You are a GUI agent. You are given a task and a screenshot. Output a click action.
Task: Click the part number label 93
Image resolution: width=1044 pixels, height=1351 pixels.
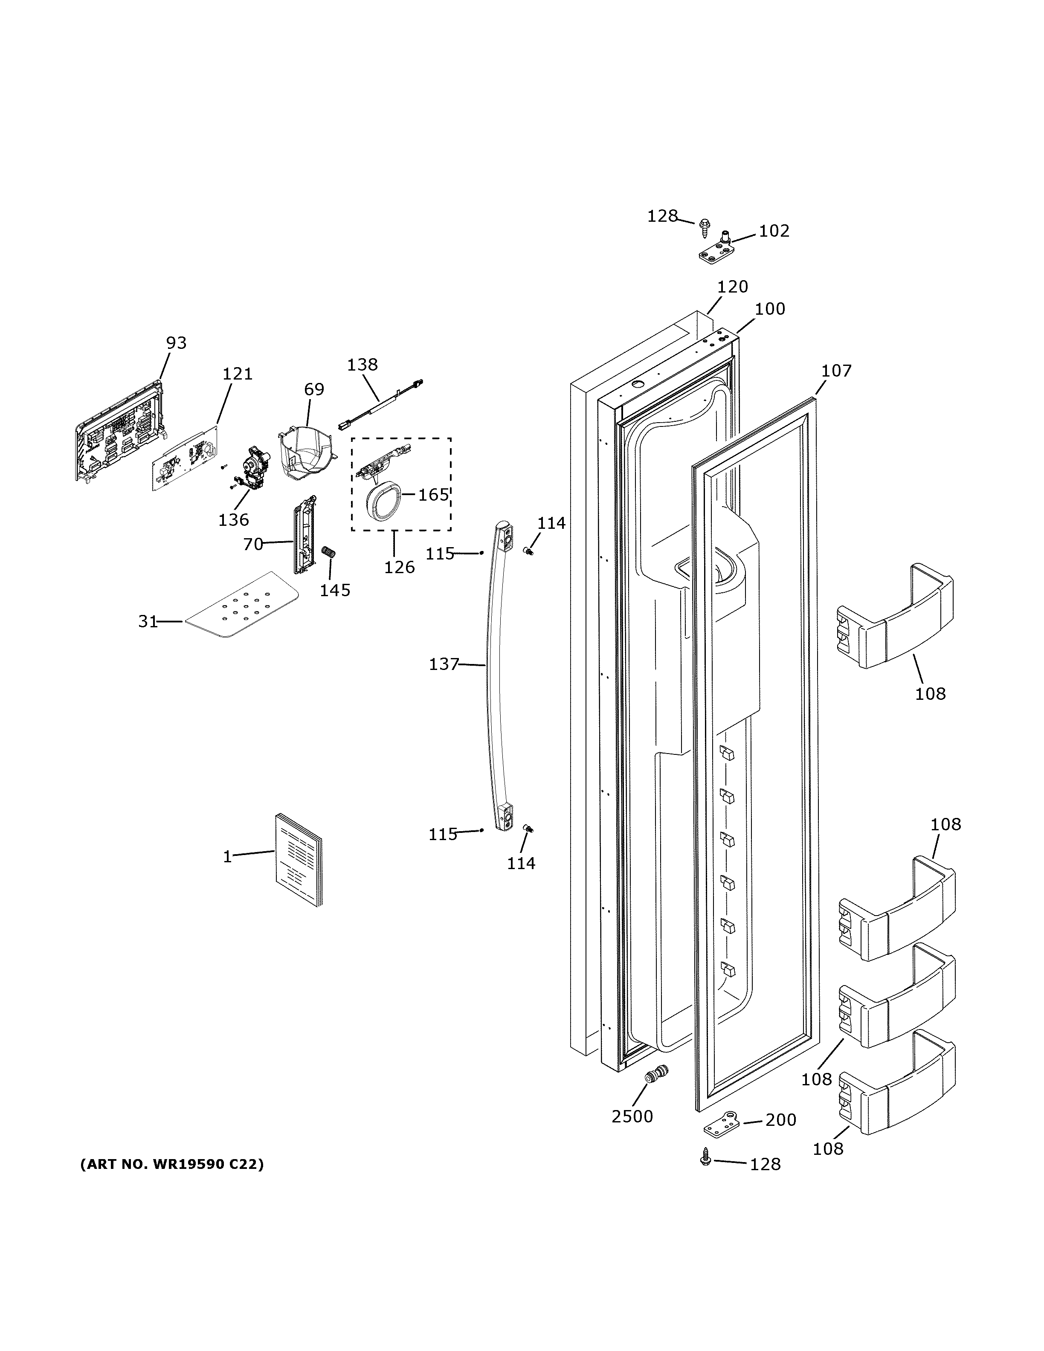[176, 343]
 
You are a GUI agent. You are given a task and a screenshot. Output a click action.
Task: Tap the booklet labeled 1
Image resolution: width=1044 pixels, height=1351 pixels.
[299, 860]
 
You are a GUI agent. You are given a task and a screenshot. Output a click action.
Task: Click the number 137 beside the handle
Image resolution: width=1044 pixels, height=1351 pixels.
[444, 664]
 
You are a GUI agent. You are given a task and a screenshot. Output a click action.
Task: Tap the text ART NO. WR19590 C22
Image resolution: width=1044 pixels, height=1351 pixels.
[172, 1165]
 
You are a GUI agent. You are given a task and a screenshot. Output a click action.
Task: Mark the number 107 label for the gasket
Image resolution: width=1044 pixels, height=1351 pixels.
[836, 371]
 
